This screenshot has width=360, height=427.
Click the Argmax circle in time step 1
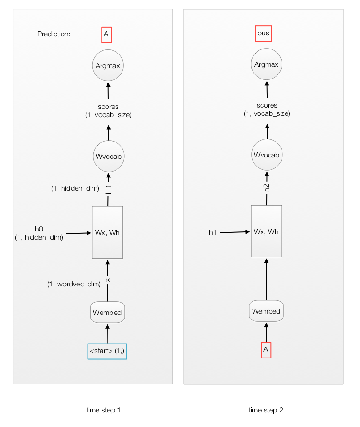pos(108,65)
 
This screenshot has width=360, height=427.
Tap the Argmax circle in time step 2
pos(267,64)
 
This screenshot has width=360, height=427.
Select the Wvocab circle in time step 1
pos(108,156)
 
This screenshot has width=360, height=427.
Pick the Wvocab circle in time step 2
pos(267,155)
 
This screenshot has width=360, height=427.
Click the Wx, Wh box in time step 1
pos(107,232)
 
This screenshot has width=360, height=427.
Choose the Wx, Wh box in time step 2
pos(267,231)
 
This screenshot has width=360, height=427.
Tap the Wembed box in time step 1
pos(107,312)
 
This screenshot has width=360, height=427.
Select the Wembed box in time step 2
pos(267,311)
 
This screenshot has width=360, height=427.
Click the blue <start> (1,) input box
pos(107,351)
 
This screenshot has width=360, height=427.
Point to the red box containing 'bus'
pos(263,34)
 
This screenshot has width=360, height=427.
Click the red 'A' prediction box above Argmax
pos(107,34)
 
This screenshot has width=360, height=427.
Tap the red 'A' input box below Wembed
pos(266,350)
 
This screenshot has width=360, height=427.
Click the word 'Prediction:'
pos(54,34)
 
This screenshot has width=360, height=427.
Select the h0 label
pos(39,229)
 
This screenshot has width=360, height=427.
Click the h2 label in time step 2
pos(267,187)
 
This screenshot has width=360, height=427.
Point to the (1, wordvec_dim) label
pos(74,284)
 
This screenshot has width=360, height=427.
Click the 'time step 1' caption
pos(103,410)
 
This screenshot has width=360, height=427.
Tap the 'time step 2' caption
pos(266,410)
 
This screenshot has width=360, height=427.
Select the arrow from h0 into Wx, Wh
pos(78,233)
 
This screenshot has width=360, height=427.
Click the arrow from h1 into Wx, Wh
pos(235,232)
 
